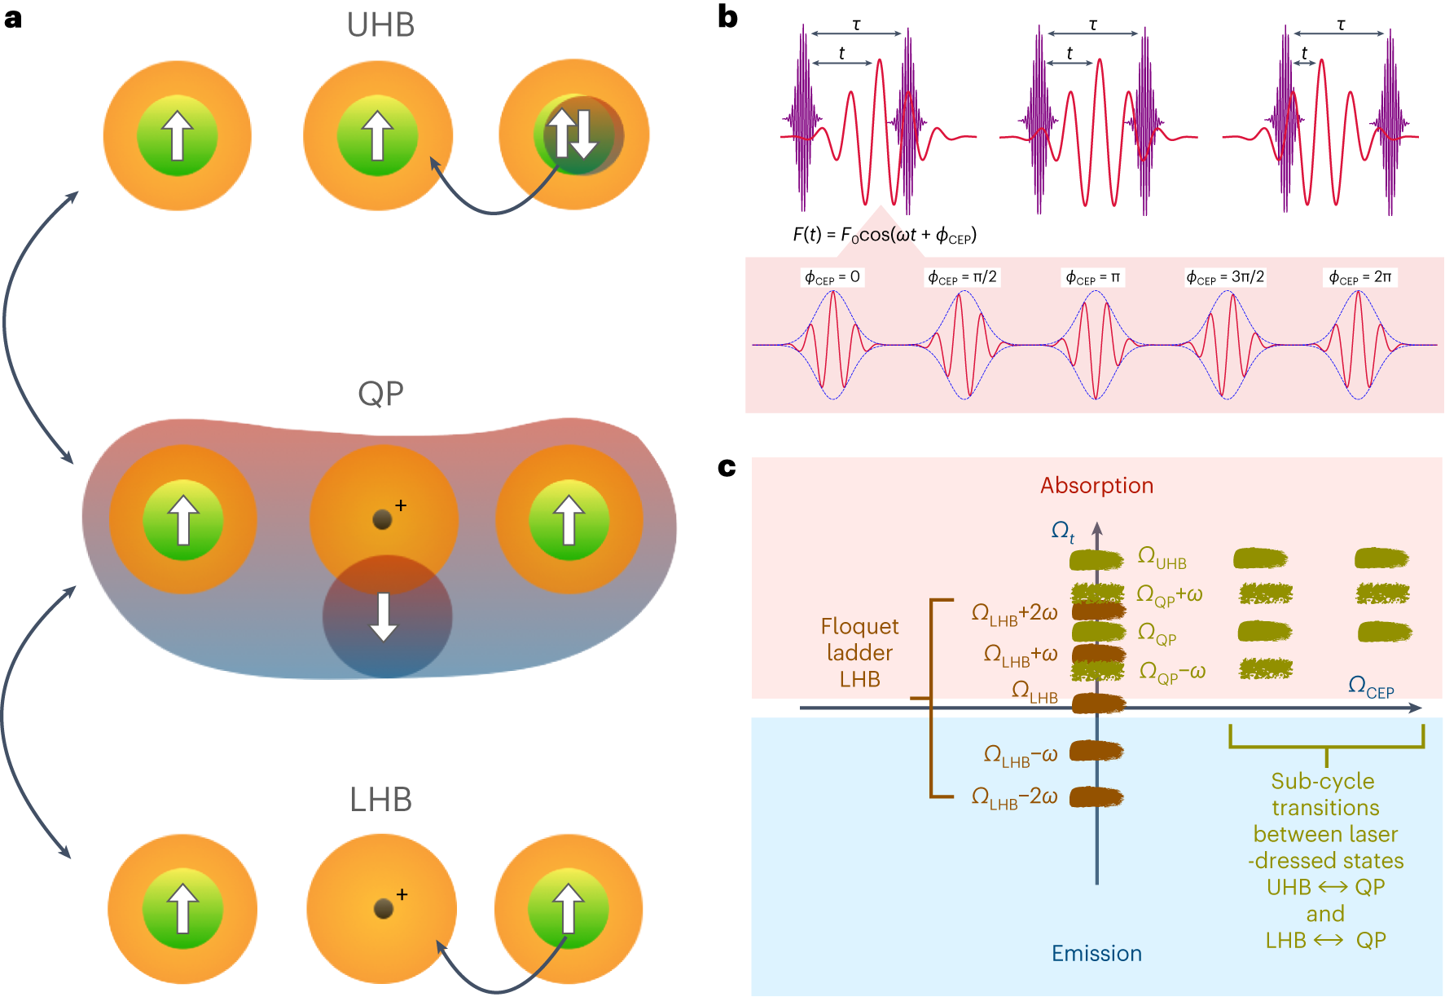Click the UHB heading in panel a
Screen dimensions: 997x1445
point(380,25)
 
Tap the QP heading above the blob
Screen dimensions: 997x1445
point(380,394)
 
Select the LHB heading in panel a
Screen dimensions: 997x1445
point(380,800)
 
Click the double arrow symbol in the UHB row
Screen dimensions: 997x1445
point(572,135)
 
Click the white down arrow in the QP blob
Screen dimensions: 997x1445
point(384,617)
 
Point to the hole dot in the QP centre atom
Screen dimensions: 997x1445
point(382,519)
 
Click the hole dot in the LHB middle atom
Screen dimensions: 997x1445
point(383,908)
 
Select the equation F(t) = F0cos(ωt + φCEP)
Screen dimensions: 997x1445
point(884,236)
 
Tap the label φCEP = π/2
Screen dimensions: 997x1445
point(962,277)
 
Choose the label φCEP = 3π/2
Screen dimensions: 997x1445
point(1224,277)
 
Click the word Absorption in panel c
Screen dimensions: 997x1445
point(1096,486)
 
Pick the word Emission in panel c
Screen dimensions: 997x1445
point(1096,953)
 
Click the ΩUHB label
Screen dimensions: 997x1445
point(1162,558)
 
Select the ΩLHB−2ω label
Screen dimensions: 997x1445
point(1014,797)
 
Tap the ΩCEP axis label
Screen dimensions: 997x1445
point(1371,686)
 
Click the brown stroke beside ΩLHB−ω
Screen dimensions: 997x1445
point(1096,751)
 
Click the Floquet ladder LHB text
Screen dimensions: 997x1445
point(859,652)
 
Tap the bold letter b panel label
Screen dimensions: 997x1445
point(727,17)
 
